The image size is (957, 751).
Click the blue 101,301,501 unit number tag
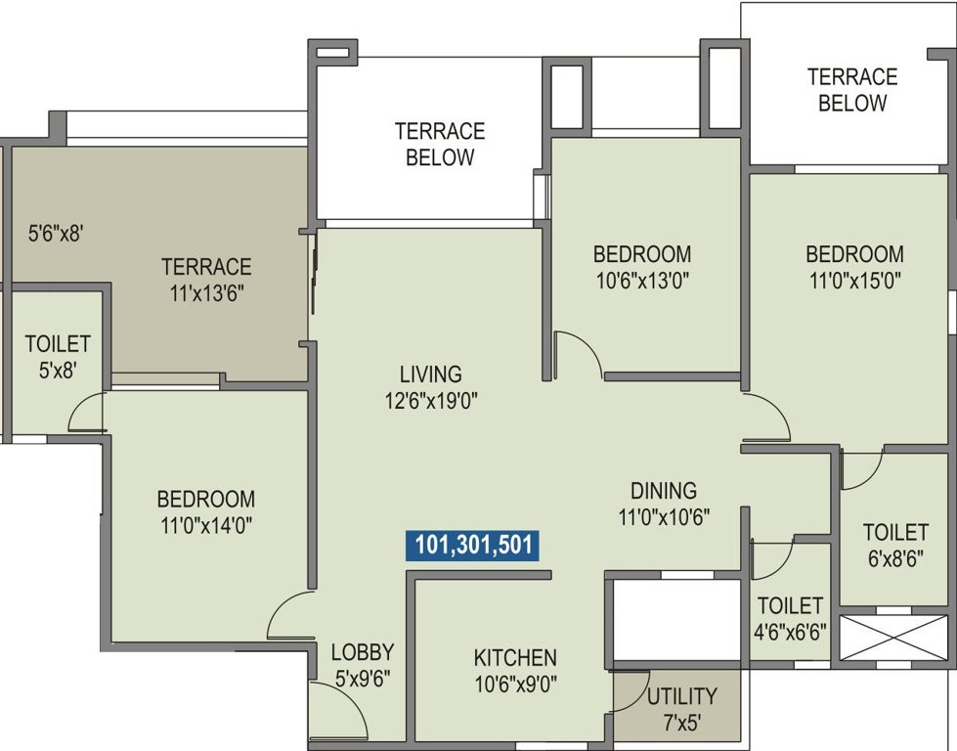pos(472,545)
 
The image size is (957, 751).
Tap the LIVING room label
pos(430,374)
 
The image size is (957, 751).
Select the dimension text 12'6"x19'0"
pos(430,399)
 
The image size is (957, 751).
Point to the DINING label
pos(663,491)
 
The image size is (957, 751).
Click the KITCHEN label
pos(515,657)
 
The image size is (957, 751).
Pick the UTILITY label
pos(681,697)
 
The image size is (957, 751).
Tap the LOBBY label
pos(362,652)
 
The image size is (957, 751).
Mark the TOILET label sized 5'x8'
pos(58,344)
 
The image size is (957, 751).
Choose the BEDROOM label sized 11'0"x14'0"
pos(206,499)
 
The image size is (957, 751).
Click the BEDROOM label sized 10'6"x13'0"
pos(642,254)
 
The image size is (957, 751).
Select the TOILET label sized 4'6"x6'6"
pos(791,606)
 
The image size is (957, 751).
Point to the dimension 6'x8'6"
pos(894,558)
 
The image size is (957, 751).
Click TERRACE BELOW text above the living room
pos(440,144)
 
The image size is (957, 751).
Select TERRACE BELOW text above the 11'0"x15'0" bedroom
pos(852,89)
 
